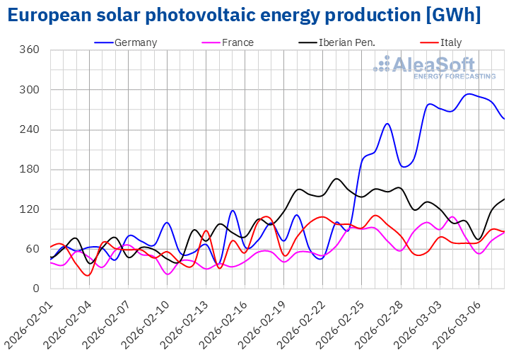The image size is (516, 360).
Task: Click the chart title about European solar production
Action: pos(245,14)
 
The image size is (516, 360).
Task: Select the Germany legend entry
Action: pos(135,42)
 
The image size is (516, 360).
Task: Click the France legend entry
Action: pos(238,42)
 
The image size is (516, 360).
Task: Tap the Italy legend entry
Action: pos(450,42)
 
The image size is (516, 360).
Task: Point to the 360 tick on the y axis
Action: pos(29,50)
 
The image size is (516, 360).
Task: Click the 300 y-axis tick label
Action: pos(29,90)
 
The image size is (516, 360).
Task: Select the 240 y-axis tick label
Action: pos(29,130)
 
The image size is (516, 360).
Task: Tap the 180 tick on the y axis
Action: pos(29,170)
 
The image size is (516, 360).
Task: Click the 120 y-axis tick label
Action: pos(29,209)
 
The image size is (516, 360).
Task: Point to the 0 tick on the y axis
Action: pos(35,289)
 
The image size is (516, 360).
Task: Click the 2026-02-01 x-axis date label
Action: pos(27,322)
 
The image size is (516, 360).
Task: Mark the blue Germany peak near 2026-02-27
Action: pos(387,124)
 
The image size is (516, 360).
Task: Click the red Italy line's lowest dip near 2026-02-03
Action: pos(88,275)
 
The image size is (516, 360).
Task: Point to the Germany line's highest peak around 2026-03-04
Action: pos(469,94)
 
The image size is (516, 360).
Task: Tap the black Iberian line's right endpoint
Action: pos(504,199)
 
